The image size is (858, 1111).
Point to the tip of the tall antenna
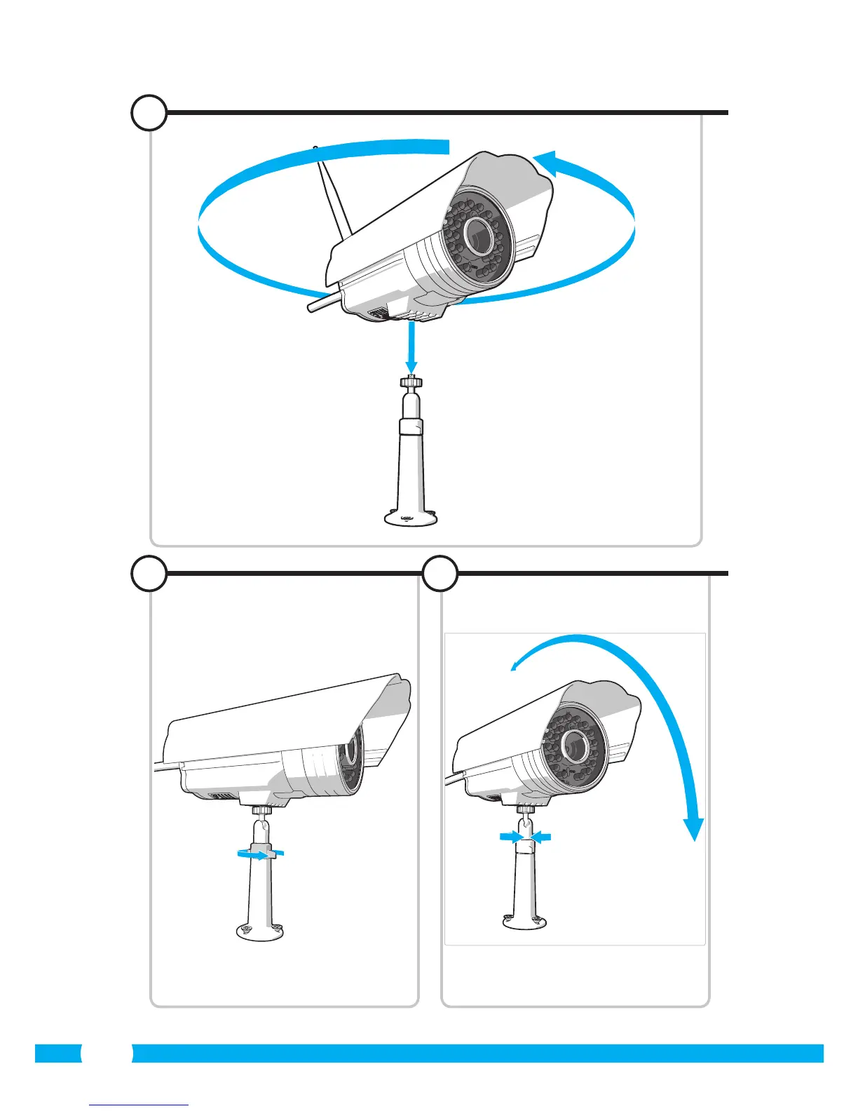click(x=315, y=149)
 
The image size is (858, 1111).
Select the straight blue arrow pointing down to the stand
click(x=411, y=348)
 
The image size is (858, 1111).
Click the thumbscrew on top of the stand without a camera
click(x=411, y=384)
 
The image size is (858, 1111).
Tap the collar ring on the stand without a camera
click(x=411, y=427)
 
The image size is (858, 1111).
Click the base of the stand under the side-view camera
click(x=261, y=931)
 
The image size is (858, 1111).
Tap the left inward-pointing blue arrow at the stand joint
click(x=511, y=837)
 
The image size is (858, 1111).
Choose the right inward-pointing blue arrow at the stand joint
click(x=540, y=837)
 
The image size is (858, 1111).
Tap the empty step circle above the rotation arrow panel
click(x=149, y=112)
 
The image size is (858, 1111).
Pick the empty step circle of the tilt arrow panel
click(x=440, y=574)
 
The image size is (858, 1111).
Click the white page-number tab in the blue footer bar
click(x=107, y=1053)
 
